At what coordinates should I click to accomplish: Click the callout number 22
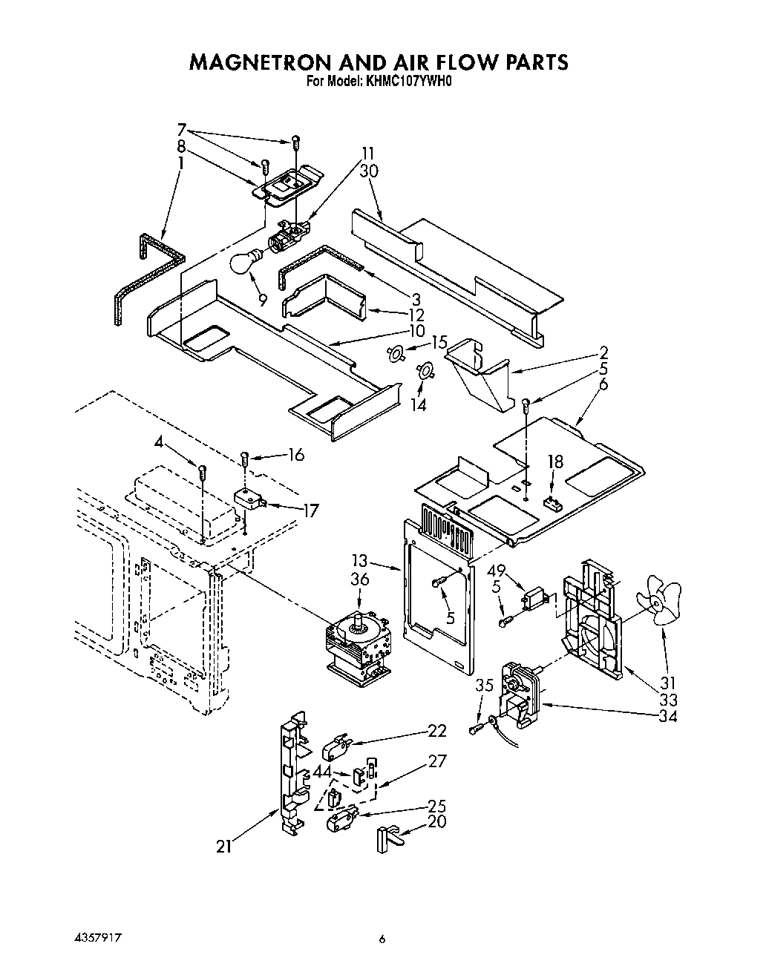[437, 731]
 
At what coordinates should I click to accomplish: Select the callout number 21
[223, 846]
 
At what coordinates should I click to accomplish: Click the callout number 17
[310, 511]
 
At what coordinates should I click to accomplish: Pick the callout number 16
[295, 455]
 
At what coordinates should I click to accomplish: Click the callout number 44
[321, 772]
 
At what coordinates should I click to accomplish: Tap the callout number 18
[554, 461]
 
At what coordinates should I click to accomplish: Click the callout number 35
[484, 686]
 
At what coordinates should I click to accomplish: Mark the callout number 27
[437, 761]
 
